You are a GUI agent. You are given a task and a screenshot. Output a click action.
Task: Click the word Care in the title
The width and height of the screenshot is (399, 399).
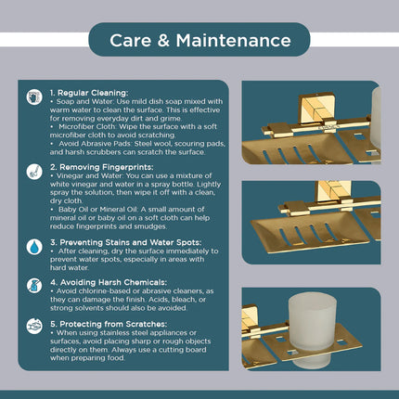tap(131, 41)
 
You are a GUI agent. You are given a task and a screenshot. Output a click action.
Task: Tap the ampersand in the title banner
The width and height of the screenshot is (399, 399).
tap(163, 41)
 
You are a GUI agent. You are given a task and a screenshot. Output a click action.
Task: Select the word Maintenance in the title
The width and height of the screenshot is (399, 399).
tap(234, 41)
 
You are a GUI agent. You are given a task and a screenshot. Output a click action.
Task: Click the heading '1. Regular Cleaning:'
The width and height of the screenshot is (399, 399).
tap(89, 93)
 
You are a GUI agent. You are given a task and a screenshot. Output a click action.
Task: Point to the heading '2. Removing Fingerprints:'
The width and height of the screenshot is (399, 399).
tap(102, 167)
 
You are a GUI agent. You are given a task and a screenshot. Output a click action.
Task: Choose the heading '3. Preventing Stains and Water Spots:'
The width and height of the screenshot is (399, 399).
tap(126, 242)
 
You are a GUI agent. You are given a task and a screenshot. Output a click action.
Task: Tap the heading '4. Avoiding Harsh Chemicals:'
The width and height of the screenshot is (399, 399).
tap(109, 282)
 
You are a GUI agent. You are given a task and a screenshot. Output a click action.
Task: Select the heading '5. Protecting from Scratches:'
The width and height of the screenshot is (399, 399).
tap(109, 324)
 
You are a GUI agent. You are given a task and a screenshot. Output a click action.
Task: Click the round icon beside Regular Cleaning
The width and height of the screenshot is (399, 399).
tap(34, 97)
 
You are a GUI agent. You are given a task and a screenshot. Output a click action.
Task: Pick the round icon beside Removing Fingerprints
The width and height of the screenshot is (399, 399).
tap(34, 172)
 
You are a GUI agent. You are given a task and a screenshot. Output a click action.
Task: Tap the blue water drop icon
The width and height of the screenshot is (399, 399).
tap(34, 247)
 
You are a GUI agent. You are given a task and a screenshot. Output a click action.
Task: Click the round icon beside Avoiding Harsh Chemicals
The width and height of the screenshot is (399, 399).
tap(34, 286)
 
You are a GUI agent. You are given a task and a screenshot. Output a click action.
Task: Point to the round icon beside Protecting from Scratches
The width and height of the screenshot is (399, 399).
tap(34, 327)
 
